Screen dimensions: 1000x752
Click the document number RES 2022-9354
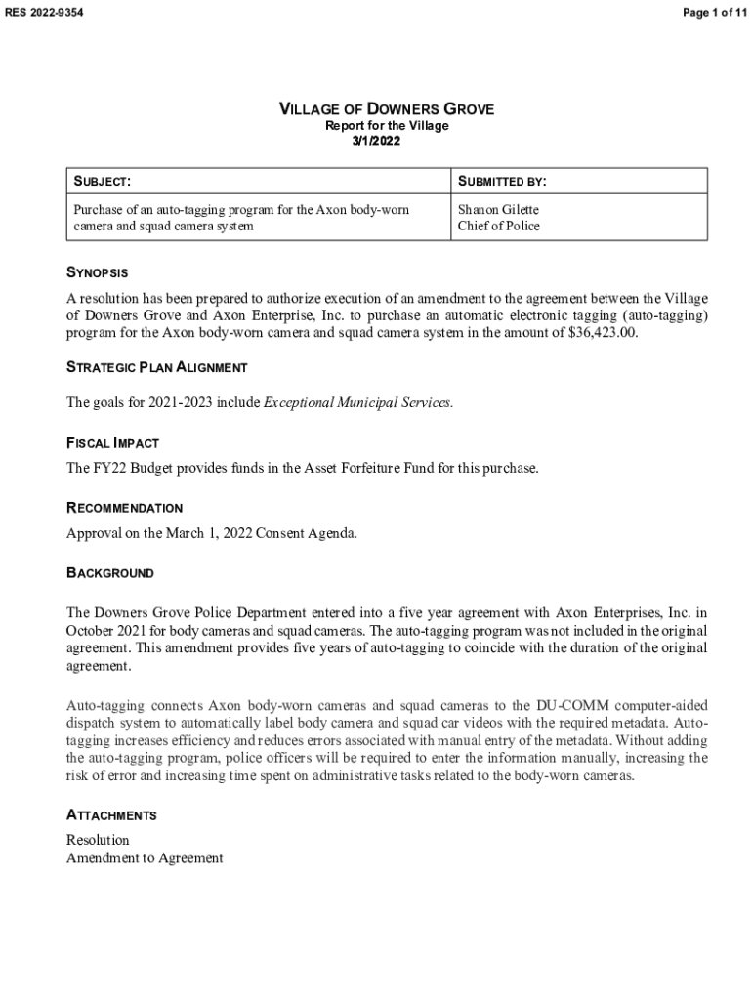click(x=45, y=13)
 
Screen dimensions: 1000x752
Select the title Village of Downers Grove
click(x=387, y=109)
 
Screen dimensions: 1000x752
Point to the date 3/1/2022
click(x=376, y=141)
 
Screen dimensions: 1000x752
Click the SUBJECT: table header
click(x=103, y=182)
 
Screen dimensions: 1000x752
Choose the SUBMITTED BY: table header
click(x=502, y=182)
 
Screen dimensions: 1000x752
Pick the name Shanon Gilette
click(x=498, y=210)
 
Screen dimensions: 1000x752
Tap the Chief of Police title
click(x=498, y=227)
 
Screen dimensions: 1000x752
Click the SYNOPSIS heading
click(x=97, y=272)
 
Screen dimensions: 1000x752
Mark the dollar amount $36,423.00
click(x=602, y=333)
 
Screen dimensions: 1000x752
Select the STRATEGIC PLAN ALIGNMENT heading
click(x=156, y=368)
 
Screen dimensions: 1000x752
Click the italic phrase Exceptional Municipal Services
click(x=358, y=403)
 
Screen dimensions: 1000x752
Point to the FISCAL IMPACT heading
click(x=112, y=443)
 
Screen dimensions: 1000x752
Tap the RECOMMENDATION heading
click(x=124, y=508)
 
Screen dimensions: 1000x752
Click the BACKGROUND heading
click(x=109, y=573)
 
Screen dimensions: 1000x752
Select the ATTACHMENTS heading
click(x=111, y=815)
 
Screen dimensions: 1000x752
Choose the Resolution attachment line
click(x=98, y=840)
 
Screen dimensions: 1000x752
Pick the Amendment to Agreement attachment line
click(x=145, y=858)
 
